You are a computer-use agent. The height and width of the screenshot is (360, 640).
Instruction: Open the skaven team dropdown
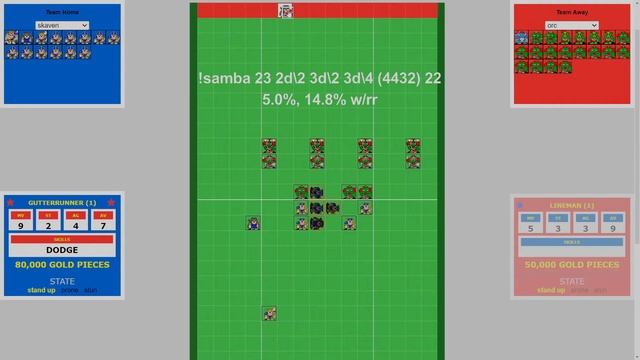[62, 25]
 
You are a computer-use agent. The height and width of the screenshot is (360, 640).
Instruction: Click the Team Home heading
[62, 12]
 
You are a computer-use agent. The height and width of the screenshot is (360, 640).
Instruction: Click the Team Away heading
[571, 12]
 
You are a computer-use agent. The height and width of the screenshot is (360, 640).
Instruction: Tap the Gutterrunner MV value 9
[19, 226]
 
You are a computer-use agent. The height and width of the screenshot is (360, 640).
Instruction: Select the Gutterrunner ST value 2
[47, 226]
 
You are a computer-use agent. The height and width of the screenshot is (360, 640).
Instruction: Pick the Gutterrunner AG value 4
[76, 226]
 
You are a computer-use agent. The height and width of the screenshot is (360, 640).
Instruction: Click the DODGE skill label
[62, 250]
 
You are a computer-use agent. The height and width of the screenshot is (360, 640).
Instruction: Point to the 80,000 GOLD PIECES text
[62, 265]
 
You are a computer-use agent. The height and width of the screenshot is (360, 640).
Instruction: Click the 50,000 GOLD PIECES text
[571, 265]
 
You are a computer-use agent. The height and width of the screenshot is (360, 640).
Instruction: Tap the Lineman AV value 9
[613, 227]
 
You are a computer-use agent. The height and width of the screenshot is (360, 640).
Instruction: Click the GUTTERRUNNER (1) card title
[62, 203]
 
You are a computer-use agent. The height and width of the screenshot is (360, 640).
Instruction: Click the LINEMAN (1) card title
[571, 205]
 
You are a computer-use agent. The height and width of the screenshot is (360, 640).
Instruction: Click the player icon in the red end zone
[285, 11]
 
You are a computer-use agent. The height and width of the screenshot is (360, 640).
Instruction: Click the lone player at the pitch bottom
[269, 314]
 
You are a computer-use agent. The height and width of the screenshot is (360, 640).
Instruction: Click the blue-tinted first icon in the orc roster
[521, 38]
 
